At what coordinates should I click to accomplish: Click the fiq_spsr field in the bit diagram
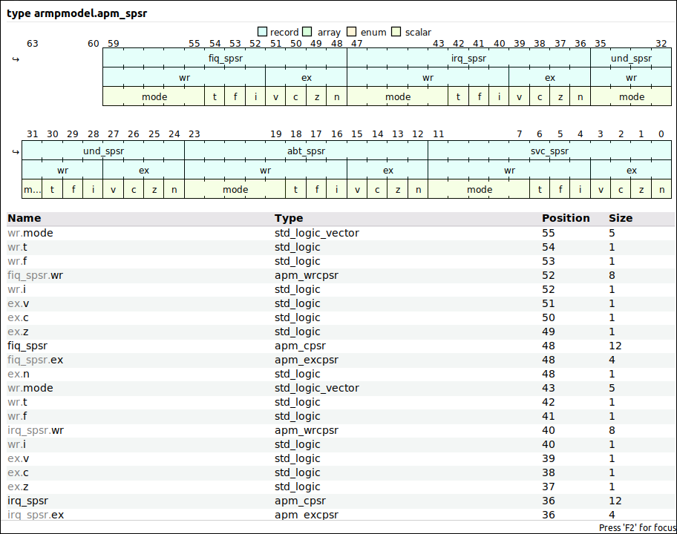coord(224,58)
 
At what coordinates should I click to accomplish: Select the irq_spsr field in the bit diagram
coord(468,58)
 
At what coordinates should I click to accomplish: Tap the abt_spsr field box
coord(306,151)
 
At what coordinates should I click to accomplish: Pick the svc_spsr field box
coord(549,151)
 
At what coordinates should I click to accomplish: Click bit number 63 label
coord(33,44)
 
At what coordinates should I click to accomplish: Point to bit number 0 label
coord(661,134)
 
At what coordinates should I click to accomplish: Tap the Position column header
coord(566,218)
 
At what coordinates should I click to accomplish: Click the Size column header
coord(621,218)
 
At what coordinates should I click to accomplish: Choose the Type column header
coord(289,218)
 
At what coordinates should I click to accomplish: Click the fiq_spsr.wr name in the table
coord(35,275)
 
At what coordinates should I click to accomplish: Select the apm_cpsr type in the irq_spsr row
coord(300,501)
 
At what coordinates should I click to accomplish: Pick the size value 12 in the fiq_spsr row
coord(615,346)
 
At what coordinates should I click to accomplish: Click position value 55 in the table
coord(549,233)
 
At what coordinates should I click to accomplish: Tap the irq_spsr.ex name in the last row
coord(36,515)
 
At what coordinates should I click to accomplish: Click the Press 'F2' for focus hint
coord(636,527)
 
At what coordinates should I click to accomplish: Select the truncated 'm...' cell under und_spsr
coord(32,189)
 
